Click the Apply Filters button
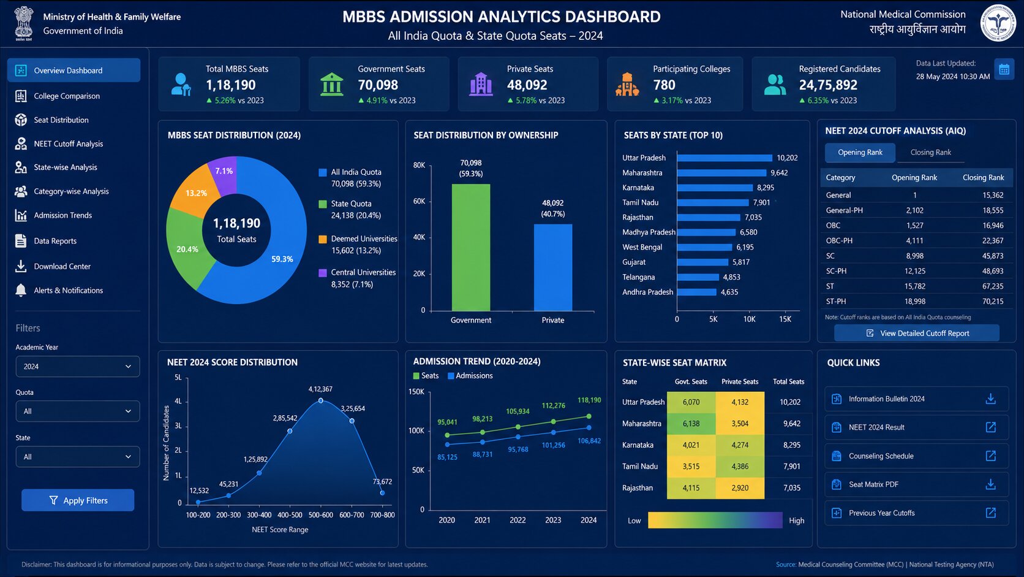tap(78, 500)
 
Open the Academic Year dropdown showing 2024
tap(78, 367)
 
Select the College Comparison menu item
tap(67, 96)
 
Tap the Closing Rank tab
tap(930, 152)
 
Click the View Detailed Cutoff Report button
tap(917, 333)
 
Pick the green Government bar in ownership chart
tap(471, 248)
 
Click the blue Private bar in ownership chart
tap(553, 268)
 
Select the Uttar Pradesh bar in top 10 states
tap(725, 158)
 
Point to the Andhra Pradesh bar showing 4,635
tap(697, 292)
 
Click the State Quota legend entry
tap(350, 209)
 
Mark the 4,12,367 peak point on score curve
tap(321, 400)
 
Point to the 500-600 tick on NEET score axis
tap(320, 515)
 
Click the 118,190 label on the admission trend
tap(589, 400)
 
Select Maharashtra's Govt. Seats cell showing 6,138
tap(691, 423)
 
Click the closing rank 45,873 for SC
tap(992, 256)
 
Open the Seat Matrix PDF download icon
tap(991, 484)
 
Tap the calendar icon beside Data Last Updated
tap(1004, 69)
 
